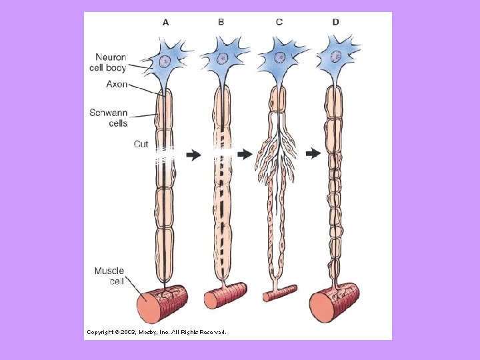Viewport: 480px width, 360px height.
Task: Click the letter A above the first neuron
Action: [166, 22]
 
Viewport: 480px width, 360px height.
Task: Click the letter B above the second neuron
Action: [221, 22]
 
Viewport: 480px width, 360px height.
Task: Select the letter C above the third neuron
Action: [279, 22]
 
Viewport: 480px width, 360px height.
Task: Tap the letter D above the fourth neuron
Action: [335, 22]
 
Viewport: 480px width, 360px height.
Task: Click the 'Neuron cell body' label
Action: [108, 62]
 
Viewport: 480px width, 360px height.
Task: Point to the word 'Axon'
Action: [117, 85]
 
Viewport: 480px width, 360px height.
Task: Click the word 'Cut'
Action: [141, 144]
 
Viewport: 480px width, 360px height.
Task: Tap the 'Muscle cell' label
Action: [109, 276]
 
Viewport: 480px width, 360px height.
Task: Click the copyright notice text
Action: [156, 331]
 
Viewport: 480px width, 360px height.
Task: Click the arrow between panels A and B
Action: [194, 155]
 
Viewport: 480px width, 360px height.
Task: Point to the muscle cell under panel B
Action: [225, 296]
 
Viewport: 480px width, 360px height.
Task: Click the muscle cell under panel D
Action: [333, 302]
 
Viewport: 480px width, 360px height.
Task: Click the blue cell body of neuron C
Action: [279, 60]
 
